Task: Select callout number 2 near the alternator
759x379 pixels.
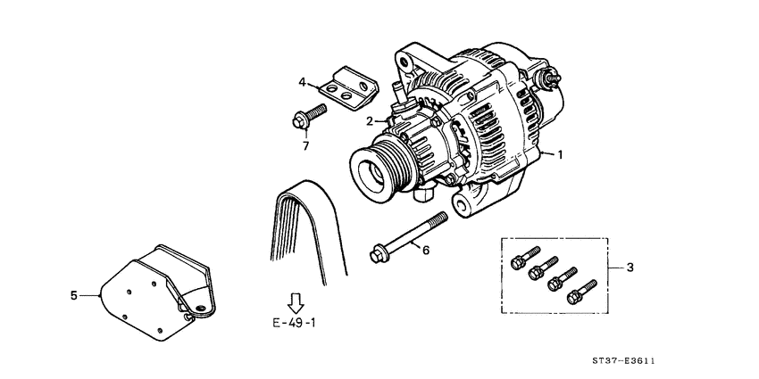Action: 369,121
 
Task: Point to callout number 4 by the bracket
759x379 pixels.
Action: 303,83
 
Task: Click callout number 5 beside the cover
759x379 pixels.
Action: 74,292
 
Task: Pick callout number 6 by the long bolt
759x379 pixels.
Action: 425,251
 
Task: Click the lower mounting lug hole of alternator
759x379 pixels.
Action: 464,207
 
